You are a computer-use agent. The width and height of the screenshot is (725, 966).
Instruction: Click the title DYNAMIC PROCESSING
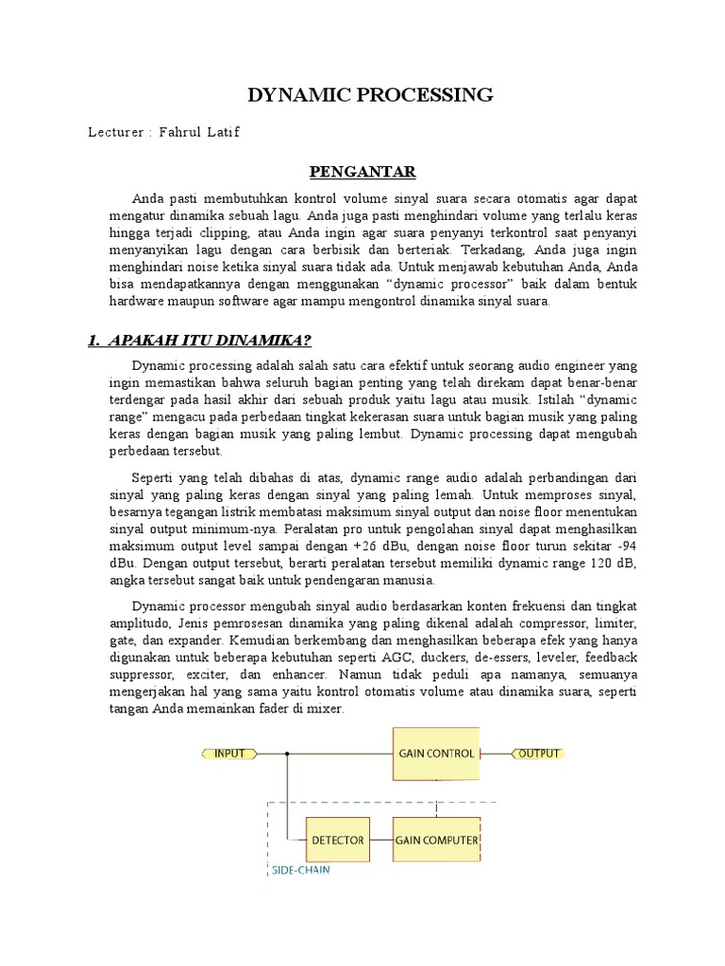[370, 94]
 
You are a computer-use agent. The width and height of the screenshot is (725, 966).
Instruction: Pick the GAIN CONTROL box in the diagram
[436, 754]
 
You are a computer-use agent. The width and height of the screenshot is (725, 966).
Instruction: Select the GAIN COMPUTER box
[436, 839]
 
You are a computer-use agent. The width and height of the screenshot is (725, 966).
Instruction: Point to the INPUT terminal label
[229, 754]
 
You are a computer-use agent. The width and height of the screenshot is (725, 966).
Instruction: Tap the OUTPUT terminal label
[539, 754]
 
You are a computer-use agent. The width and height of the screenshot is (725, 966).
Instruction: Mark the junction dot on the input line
[288, 754]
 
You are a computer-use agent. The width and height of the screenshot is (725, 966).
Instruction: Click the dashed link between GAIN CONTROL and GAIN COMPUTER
[436, 798]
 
